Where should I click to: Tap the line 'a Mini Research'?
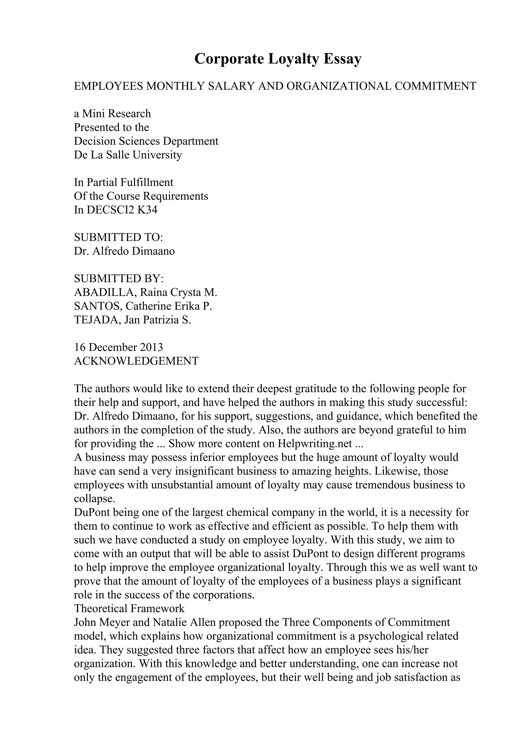[112, 114]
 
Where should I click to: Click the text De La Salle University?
[128, 155]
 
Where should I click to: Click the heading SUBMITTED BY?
[119, 279]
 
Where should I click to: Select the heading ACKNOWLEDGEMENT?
[136, 361]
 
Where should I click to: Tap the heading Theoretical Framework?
[129, 608]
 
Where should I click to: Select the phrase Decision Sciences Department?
[146, 141]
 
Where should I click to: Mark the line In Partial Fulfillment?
[123, 182]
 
